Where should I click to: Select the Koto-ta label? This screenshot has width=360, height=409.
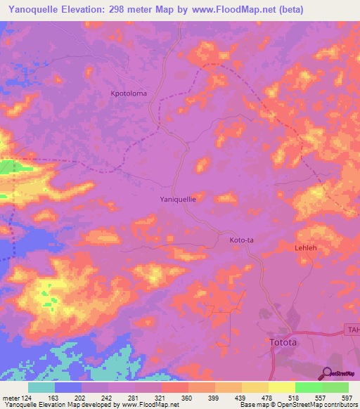click(x=241, y=240)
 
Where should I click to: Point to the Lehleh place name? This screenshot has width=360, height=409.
click(x=307, y=248)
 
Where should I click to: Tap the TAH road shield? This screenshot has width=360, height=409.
click(x=352, y=329)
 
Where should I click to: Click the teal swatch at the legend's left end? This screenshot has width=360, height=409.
click(x=41, y=387)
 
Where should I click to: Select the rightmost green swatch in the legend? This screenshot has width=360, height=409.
click(x=335, y=387)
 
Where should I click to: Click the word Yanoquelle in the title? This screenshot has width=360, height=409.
click(x=34, y=10)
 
